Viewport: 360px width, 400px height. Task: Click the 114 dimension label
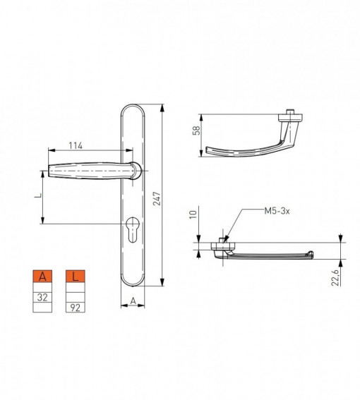tap(76, 145)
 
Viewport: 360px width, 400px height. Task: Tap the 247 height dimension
tap(157, 198)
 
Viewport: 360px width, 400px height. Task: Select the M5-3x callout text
tap(277, 211)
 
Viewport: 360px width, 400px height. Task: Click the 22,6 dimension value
tap(335, 277)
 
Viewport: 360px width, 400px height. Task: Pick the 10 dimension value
tap(193, 214)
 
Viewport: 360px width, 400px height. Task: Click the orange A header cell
tap(42, 277)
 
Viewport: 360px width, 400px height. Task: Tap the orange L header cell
tap(76, 277)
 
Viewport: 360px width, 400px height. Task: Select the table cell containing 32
tap(42, 297)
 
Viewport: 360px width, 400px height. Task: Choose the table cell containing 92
tap(76, 308)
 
